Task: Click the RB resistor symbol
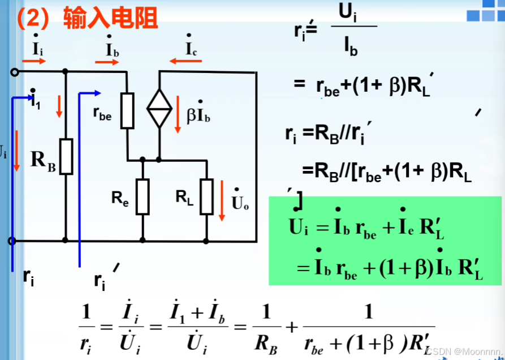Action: click(x=67, y=156)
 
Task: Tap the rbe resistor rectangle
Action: click(x=128, y=110)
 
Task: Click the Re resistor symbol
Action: click(x=143, y=196)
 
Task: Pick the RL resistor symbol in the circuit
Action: click(x=207, y=196)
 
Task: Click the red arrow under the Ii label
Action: click(x=35, y=61)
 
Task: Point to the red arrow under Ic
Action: click(x=182, y=61)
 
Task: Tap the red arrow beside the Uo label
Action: click(x=223, y=200)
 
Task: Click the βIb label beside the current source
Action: click(x=199, y=115)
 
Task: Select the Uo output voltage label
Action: click(x=240, y=202)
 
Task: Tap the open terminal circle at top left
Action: click(x=14, y=72)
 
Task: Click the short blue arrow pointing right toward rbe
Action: click(x=90, y=93)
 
